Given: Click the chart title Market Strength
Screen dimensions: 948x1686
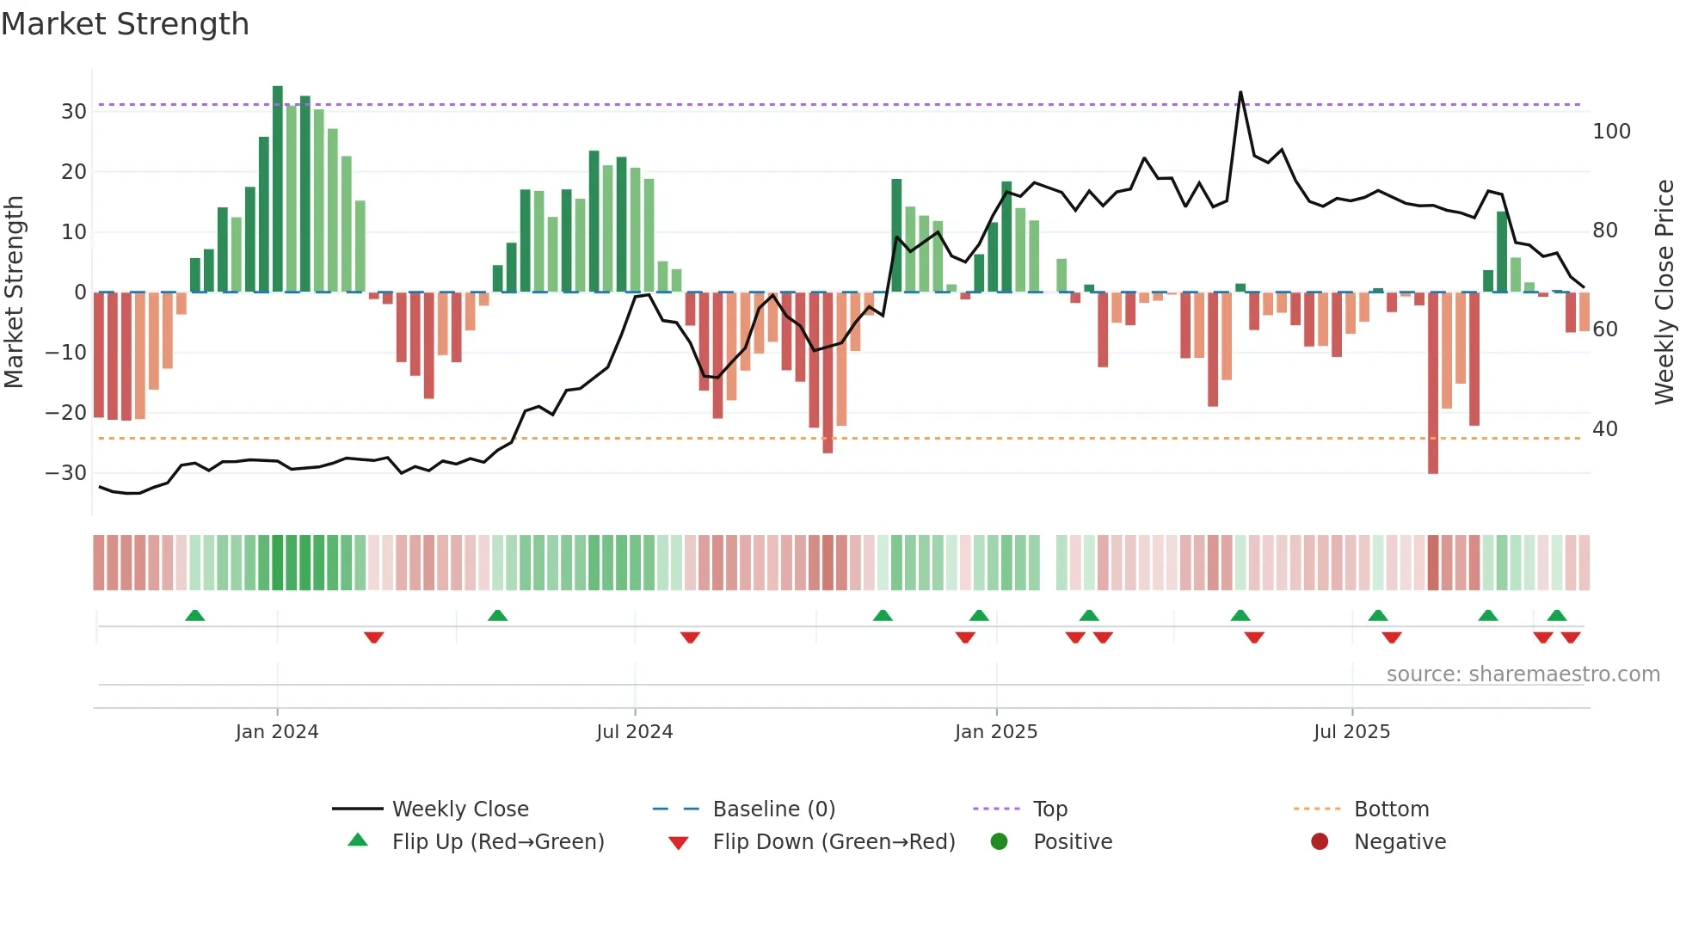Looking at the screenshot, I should pos(125,24).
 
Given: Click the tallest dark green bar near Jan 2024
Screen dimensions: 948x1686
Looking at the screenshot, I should pos(277,189).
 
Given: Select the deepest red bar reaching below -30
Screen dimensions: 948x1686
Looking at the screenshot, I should pos(1432,383).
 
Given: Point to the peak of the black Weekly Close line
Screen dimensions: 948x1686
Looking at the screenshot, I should pos(1240,92).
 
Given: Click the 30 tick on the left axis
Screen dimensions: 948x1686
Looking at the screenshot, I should pos(74,112).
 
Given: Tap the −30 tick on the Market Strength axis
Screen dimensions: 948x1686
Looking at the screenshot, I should pos(66,473).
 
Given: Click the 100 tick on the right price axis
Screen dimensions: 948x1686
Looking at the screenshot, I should pos(1611,132).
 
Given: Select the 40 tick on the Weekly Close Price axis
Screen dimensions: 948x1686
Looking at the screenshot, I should pos(1604,429).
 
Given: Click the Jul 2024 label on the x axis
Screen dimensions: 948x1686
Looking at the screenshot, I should pos(634,732).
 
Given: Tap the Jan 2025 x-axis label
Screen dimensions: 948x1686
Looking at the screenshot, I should pos(995,732).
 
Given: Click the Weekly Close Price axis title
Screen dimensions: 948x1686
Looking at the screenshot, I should pos(1664,292).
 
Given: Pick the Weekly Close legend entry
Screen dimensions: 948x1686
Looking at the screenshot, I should pos(459,809).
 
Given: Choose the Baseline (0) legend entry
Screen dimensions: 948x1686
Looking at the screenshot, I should pos(773,809).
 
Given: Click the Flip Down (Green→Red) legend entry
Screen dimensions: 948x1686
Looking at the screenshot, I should pos(833,842).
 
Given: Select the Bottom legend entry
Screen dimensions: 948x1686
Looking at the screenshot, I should pos(1390,809).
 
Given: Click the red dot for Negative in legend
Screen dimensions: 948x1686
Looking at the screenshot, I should pos(1319,842).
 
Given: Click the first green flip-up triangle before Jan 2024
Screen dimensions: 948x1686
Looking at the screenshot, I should pos(195,615).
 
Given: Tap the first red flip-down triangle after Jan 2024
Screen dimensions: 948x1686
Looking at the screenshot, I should pos(373,637).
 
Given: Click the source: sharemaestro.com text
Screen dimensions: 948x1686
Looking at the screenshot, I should pos(1523,674).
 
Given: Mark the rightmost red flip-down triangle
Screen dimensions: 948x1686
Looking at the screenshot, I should pos(1571,637).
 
